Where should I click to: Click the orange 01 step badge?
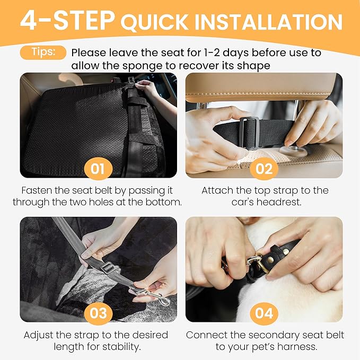[98, 169]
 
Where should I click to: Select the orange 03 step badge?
[98, 313]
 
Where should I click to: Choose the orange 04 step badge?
[264, 313]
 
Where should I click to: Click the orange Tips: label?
[43, 53]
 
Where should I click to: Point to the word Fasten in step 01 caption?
[38, 190]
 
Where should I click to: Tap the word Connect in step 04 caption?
[207, 335]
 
